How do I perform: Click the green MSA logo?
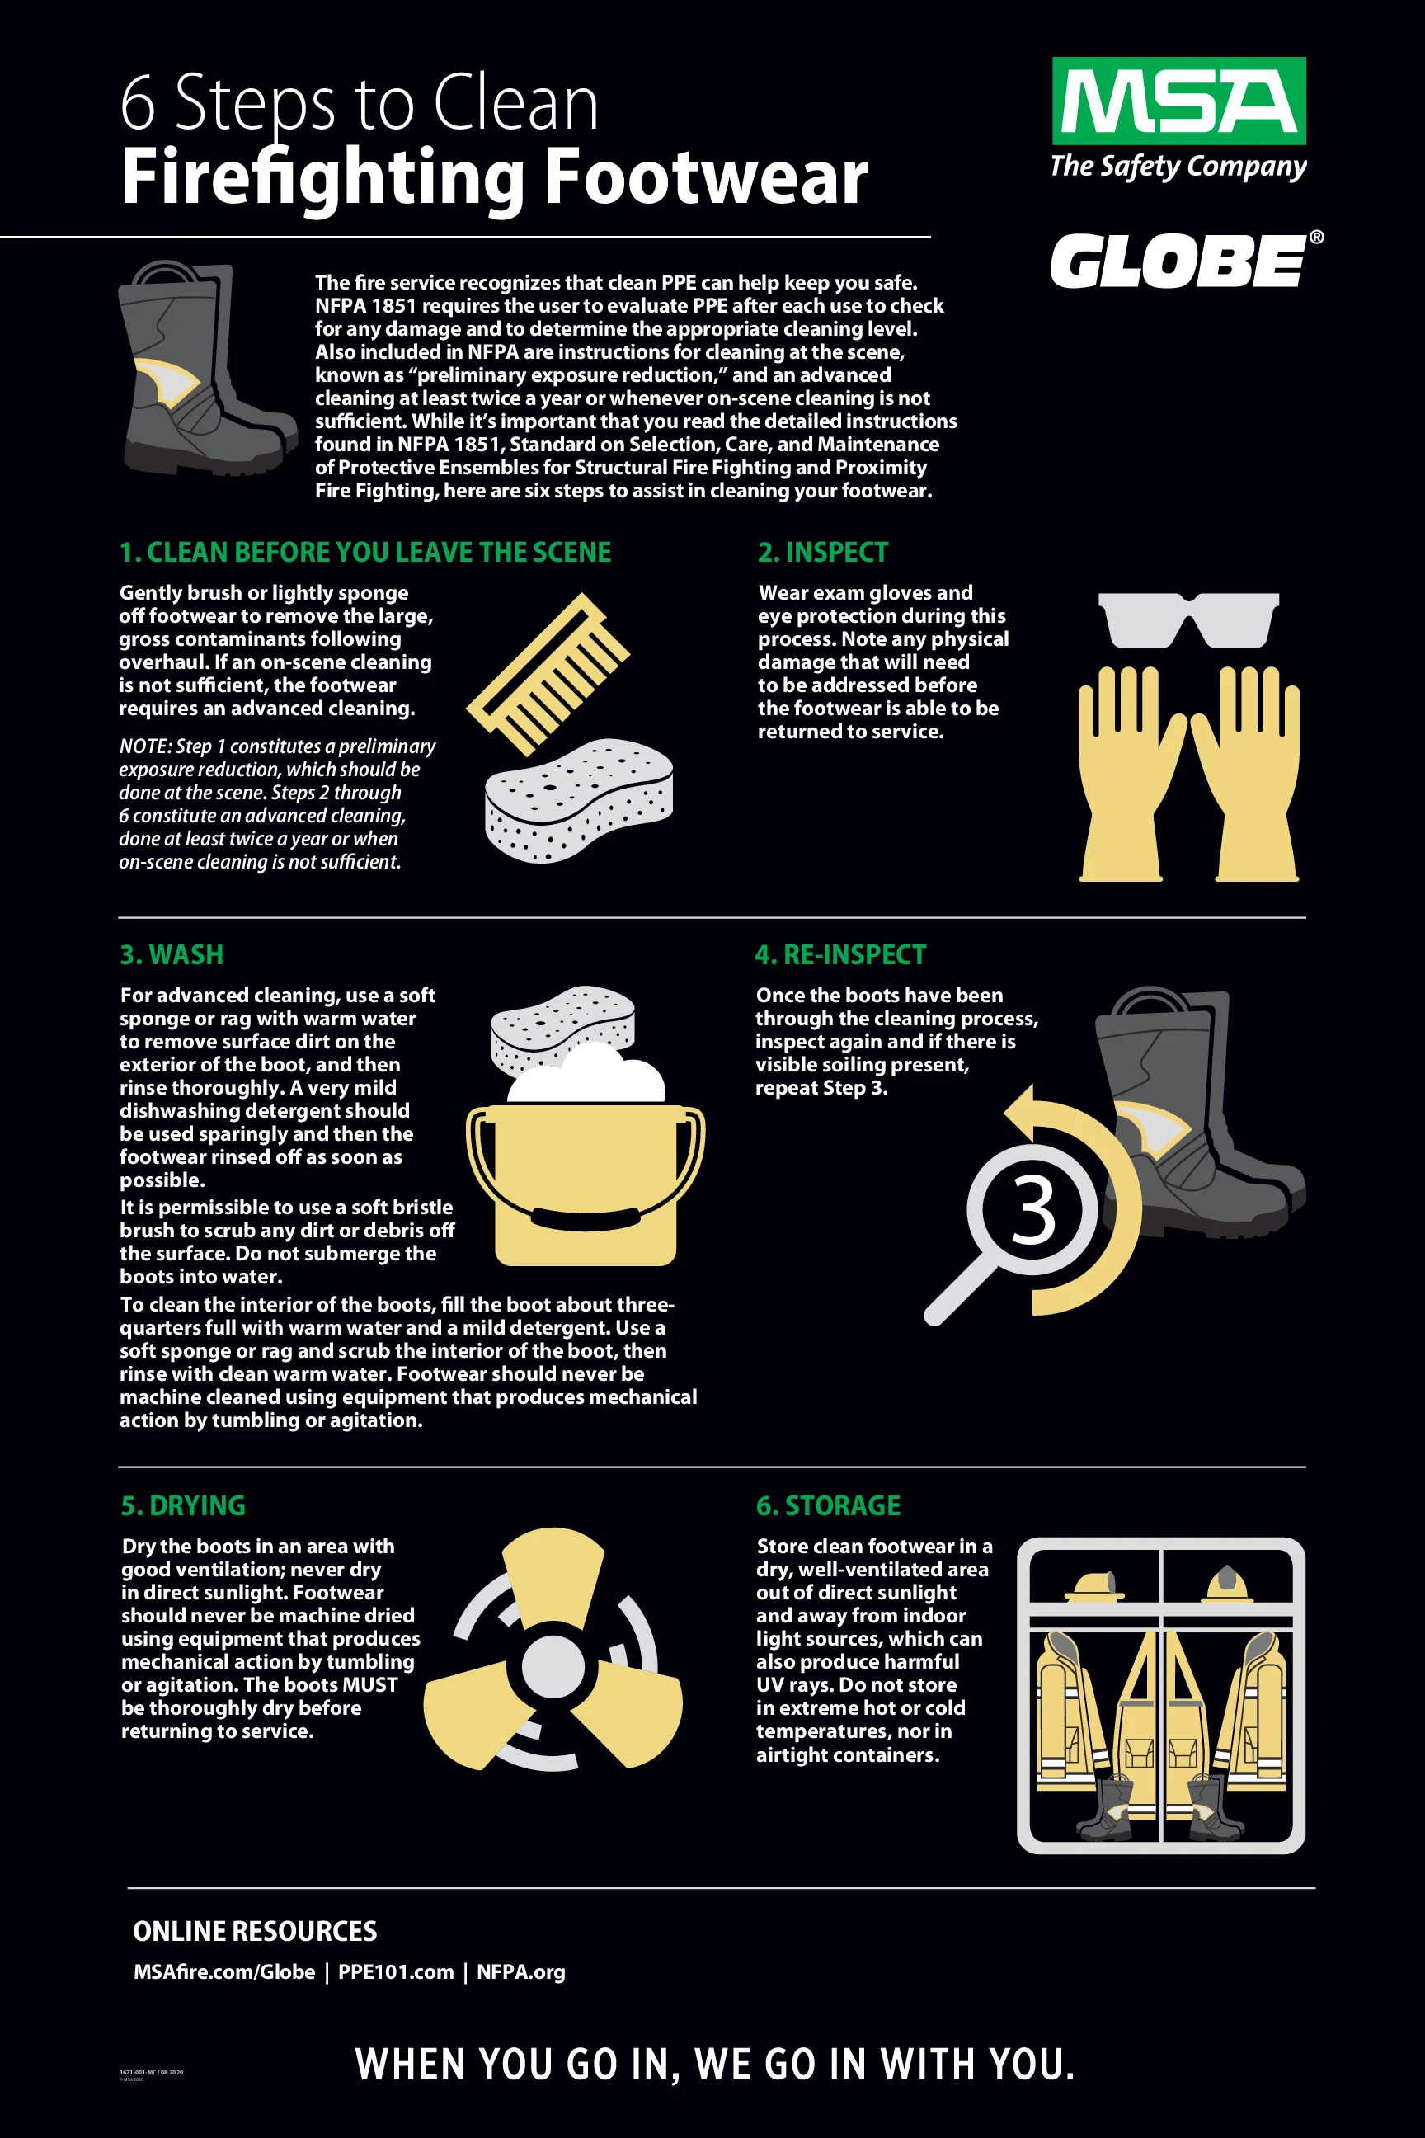point(1178,101)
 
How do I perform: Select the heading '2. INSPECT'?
point(822,552)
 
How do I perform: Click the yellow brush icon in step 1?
point(548,673)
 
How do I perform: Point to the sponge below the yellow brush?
point(579,799)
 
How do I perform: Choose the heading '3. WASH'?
point(172,954)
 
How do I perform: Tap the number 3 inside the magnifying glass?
point(1033,1210)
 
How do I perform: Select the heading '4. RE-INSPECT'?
point(839,954)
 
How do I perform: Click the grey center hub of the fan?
point(553,1666)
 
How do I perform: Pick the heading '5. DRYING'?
point(183,1505)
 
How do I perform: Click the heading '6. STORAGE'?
point(828,1505)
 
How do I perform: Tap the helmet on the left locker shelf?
point(1094,1586)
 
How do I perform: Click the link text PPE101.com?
point(395,1971)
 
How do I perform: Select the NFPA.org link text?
point(520,1971)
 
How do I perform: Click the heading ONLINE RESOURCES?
point(255,1931)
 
